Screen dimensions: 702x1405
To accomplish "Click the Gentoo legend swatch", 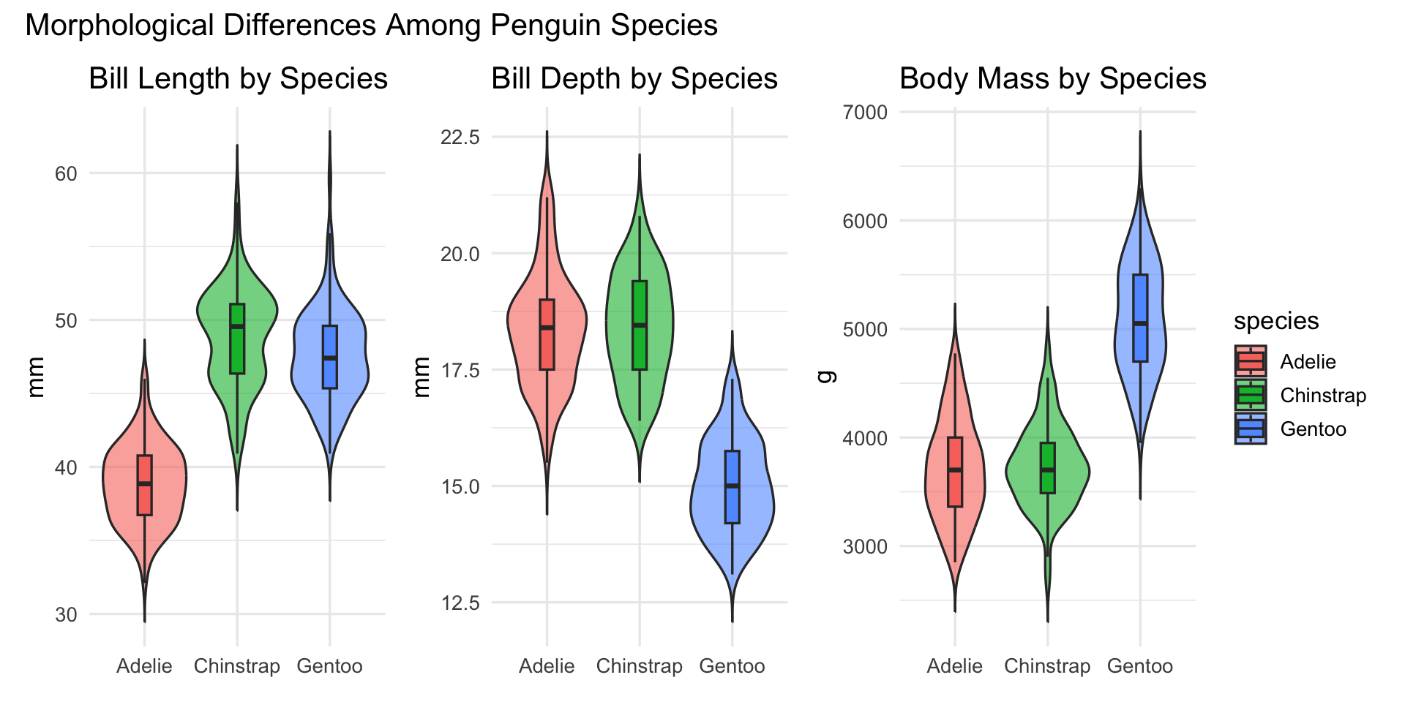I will tap(1251, 429).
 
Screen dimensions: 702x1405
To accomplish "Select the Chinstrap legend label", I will tap(1323, 396).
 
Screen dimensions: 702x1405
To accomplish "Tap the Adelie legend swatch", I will tap(1251, 362).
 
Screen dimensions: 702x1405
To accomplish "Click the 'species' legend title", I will tap(1275, 321).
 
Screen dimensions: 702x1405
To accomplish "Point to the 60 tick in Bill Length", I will tap(66, 174).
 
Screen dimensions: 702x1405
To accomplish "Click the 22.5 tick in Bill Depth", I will tap(460, 137).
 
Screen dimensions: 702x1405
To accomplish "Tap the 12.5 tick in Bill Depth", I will tap(460, 603).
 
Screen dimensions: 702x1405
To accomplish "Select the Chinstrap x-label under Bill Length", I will tap(236, 666).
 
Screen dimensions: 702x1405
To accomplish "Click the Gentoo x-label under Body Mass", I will tap(1139, 666).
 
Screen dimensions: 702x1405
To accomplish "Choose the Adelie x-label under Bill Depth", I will tap(547, 666).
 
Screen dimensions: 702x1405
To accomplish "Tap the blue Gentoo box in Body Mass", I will tap(1140, 307).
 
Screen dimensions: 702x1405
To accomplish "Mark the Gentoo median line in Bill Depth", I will tap(733, 486).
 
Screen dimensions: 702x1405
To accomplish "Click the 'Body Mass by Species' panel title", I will tap(1052, 79).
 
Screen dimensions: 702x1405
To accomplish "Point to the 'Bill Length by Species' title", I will tap(238, 79).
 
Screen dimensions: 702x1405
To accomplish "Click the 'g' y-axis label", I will tap(825, 377).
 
